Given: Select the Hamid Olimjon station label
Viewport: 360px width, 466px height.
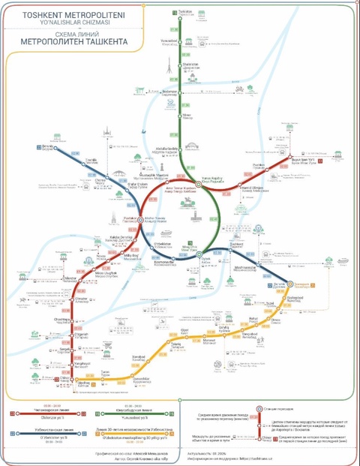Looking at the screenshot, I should pos(251,187).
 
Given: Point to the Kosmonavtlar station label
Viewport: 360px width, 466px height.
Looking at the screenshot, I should pos(164,263).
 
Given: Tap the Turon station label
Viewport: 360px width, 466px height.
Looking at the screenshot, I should pos(105,373).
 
